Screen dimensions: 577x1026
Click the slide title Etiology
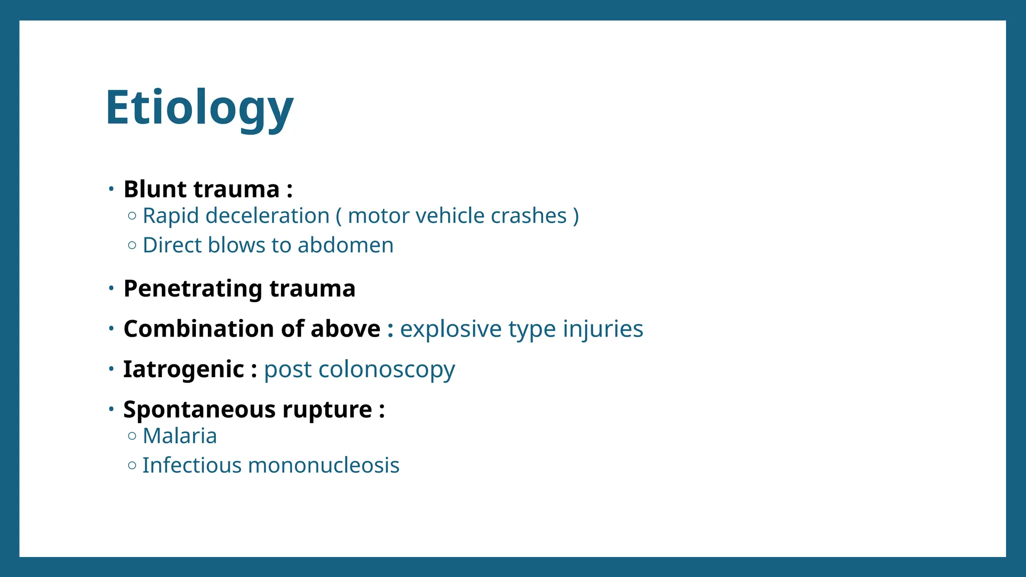[199, 108]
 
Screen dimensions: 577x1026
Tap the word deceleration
[267, 216]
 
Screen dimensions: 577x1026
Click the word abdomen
[345, 245]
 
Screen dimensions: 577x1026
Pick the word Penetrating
[193, 289]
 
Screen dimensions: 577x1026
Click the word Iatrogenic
[183, 370]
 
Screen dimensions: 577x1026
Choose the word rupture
[327, 410]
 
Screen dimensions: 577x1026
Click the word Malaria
[180, 436]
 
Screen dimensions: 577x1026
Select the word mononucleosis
[324, 465]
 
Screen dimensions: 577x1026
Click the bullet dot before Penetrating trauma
[111, 288]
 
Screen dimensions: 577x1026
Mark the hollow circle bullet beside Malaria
[132, 436]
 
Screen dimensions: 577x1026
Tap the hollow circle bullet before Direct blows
[132, 245]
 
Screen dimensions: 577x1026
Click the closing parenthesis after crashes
[576, 216]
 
